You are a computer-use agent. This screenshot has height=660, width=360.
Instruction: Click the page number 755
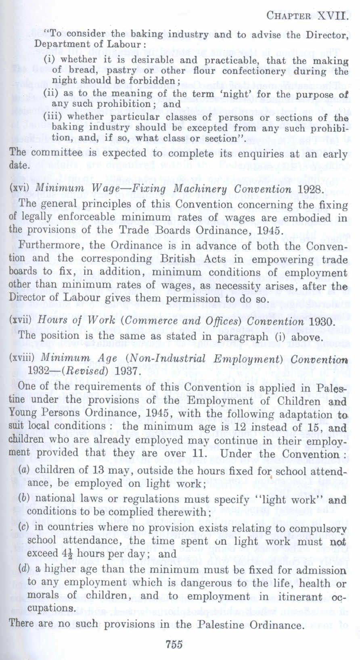pos(174,644)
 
